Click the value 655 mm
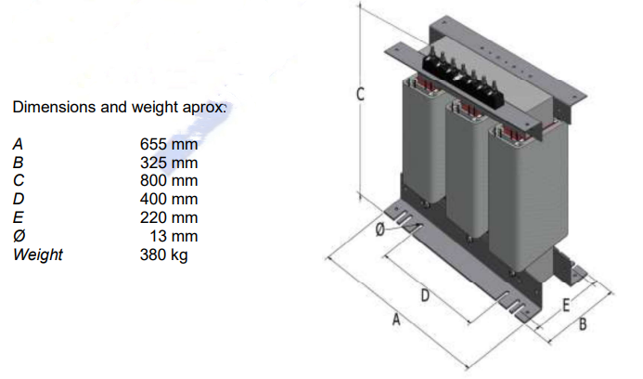[169, 145]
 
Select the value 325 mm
[169, 163]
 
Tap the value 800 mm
[169, 181]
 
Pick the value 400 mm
[169, 199]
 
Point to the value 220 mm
[169, 217]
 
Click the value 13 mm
[176, 236]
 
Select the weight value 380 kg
[163, 254]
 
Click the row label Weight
[38, 254]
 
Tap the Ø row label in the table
[19, 236]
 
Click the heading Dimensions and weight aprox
[120, 108]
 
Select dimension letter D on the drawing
[424, 296]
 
